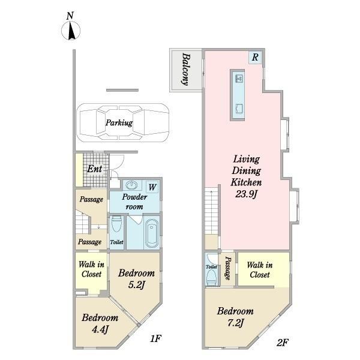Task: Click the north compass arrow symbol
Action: click(x=71, y=31)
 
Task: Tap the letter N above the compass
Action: click(x=70, y=16)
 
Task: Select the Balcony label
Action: click(x=186, y=69)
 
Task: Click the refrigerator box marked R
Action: click(x=255, y=57)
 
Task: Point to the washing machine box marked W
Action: click(x=152, y=187)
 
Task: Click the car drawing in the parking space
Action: click(x=123, y=122)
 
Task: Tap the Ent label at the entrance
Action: click(x=94, y=169)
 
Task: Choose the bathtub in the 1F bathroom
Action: click(x=152, y=233)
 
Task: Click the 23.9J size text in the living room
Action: click(x=246, y=194)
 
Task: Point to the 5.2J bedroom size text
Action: click(x=136, y=285)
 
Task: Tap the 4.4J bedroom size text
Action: click(x=100, y=329)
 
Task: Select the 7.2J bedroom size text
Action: click(x=235, y=323)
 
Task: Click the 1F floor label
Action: click(x=156, y=338)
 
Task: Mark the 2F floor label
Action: click(x=282, y=343)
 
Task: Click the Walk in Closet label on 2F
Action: click(x=260, y=270)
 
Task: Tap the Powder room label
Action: click(x=134, y=202)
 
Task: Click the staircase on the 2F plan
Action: click(x=211, y=211)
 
